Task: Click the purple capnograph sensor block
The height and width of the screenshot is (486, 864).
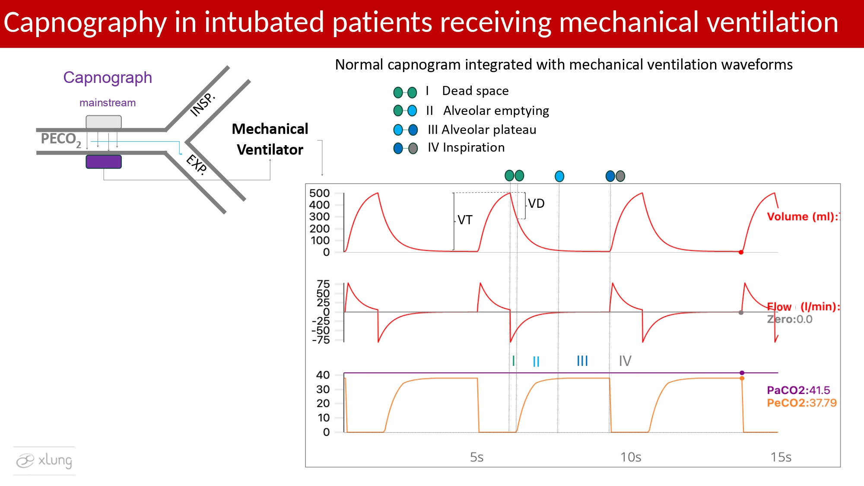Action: pos(104,162)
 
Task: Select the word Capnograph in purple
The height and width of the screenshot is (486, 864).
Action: pos(108,78)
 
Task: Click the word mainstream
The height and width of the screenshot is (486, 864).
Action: pos(108,103)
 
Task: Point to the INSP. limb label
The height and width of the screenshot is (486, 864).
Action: pos(203,105)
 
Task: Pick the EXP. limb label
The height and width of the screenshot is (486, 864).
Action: pos(197,164)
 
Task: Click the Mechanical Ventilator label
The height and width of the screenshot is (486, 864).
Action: pos(270,139)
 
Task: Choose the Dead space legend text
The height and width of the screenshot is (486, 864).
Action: pos(475,91)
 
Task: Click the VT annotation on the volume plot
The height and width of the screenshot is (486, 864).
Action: pos(465,220)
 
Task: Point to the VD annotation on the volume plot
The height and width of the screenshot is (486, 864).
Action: pos(536,203)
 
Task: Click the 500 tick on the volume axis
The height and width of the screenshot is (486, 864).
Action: pos(319,193)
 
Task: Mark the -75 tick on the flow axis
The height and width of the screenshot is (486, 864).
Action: pos(321,340)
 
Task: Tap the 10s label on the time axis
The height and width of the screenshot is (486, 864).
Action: pos(631,457)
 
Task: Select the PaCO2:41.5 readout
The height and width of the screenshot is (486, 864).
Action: pos(798,391)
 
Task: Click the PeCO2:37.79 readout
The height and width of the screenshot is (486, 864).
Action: pos(802,403)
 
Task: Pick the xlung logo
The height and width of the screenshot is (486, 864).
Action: pos(44,461)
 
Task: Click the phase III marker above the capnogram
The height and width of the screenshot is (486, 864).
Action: pos(582,361)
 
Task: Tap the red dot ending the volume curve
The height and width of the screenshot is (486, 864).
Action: pos(741,252)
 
